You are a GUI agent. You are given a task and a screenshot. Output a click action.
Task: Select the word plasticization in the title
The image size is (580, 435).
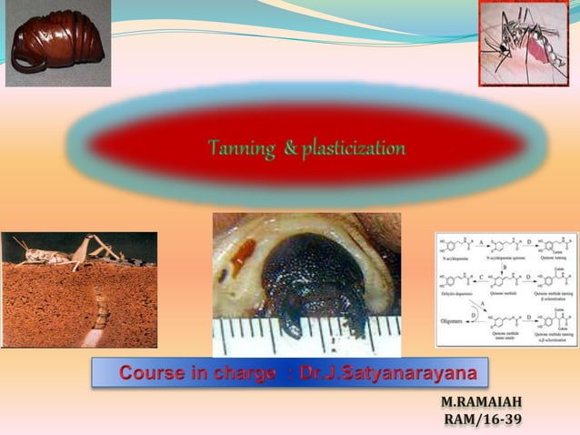[354, 147]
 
